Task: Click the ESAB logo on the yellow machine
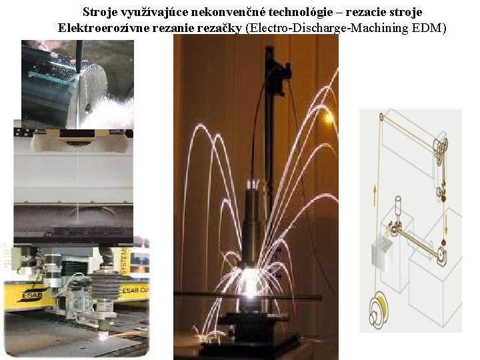(x=31, y=296)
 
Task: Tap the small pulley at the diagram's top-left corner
(x=381, y=117)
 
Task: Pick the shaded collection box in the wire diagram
(x=382, y=251)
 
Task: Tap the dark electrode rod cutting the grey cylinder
(x=79, y=56)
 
